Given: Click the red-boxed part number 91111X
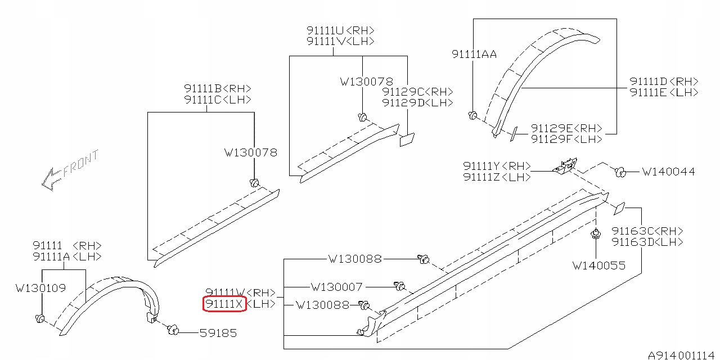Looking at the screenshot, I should click(224, 304).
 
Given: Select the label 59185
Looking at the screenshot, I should click(218, 333).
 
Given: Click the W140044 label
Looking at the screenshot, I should click(668, 172).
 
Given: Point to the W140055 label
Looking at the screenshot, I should click(598, 265).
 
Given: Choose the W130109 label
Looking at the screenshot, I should click(40, 289).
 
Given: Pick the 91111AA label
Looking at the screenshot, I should click(474, 54).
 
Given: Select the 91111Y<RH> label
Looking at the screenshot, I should click(497, 166).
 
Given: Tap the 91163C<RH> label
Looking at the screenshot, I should click(647, 231).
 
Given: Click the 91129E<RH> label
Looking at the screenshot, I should click(566, 128).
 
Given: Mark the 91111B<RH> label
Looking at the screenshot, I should click(217, 89).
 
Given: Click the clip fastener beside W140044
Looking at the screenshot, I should click(620, 172).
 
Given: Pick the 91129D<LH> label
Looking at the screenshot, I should click(417, 103).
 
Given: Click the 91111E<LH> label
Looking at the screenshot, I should click(664, 92).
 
